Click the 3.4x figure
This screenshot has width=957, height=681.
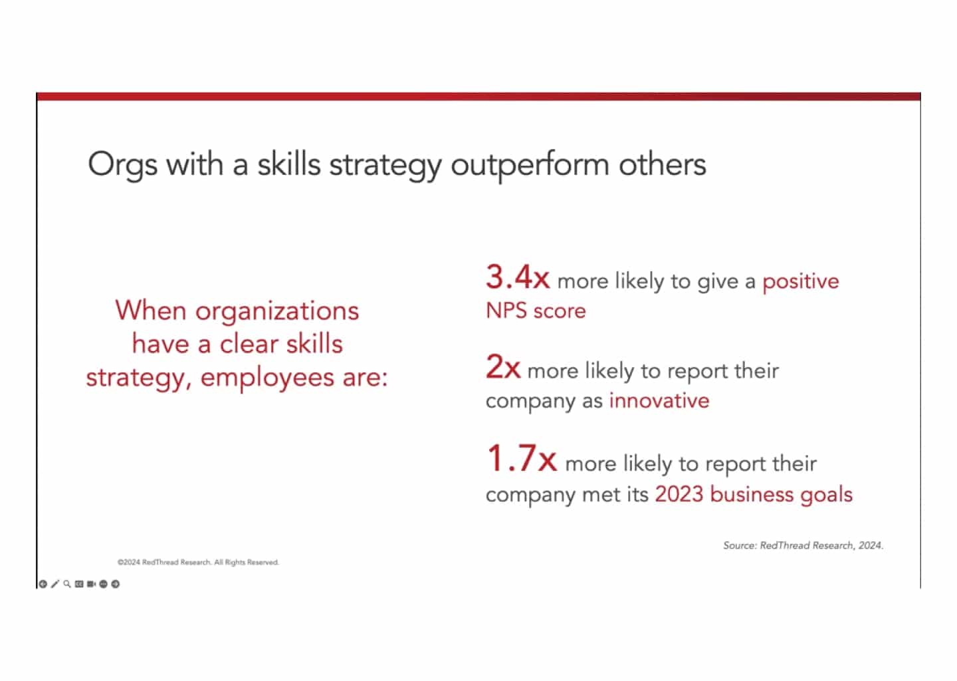517,277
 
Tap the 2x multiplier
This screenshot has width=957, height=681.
502,367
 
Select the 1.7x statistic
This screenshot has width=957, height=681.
521,459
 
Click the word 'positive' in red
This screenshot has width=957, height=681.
800,281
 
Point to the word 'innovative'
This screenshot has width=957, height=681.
659,400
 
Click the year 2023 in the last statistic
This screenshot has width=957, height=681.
679,494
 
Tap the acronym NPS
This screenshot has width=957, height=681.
506,311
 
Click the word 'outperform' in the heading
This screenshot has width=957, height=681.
530,165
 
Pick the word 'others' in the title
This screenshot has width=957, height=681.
662,165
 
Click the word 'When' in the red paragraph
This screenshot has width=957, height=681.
150,311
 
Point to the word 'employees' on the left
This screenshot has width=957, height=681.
268,378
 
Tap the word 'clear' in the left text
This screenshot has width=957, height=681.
249,344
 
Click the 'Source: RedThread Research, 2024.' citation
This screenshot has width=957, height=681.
803,545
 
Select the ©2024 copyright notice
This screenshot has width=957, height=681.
198,563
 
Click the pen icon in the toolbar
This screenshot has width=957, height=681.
55,584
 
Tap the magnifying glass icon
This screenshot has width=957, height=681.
67,584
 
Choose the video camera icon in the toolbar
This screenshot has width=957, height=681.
91,584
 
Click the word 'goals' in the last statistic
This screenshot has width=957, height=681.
827,494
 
